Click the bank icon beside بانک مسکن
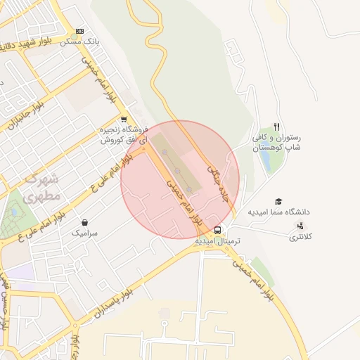pyautogui.click(x=79, y=31)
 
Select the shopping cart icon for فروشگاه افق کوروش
pyautogui.click(x=124, y=120)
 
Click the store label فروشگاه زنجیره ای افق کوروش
pyautogui.click(x=124, y=135)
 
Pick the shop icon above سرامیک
pyautogui.click(x=84, y=223)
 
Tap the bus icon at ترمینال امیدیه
pyautogui.click(x=217, y=230)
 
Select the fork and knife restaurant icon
pyautogui.click(x=277, y=127)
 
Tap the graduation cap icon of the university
pyautogui.click(x=278, y=202)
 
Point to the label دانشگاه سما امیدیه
pyautogui.click(x=278, y=212)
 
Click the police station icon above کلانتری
pyautogui.click(x=301, y=226)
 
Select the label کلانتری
pyautogui.click(x=303, y=237)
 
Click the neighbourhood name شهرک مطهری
pyautogui.click(x=42, y=188)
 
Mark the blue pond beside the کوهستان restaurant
pyautogui.click(x=266, y=160)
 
